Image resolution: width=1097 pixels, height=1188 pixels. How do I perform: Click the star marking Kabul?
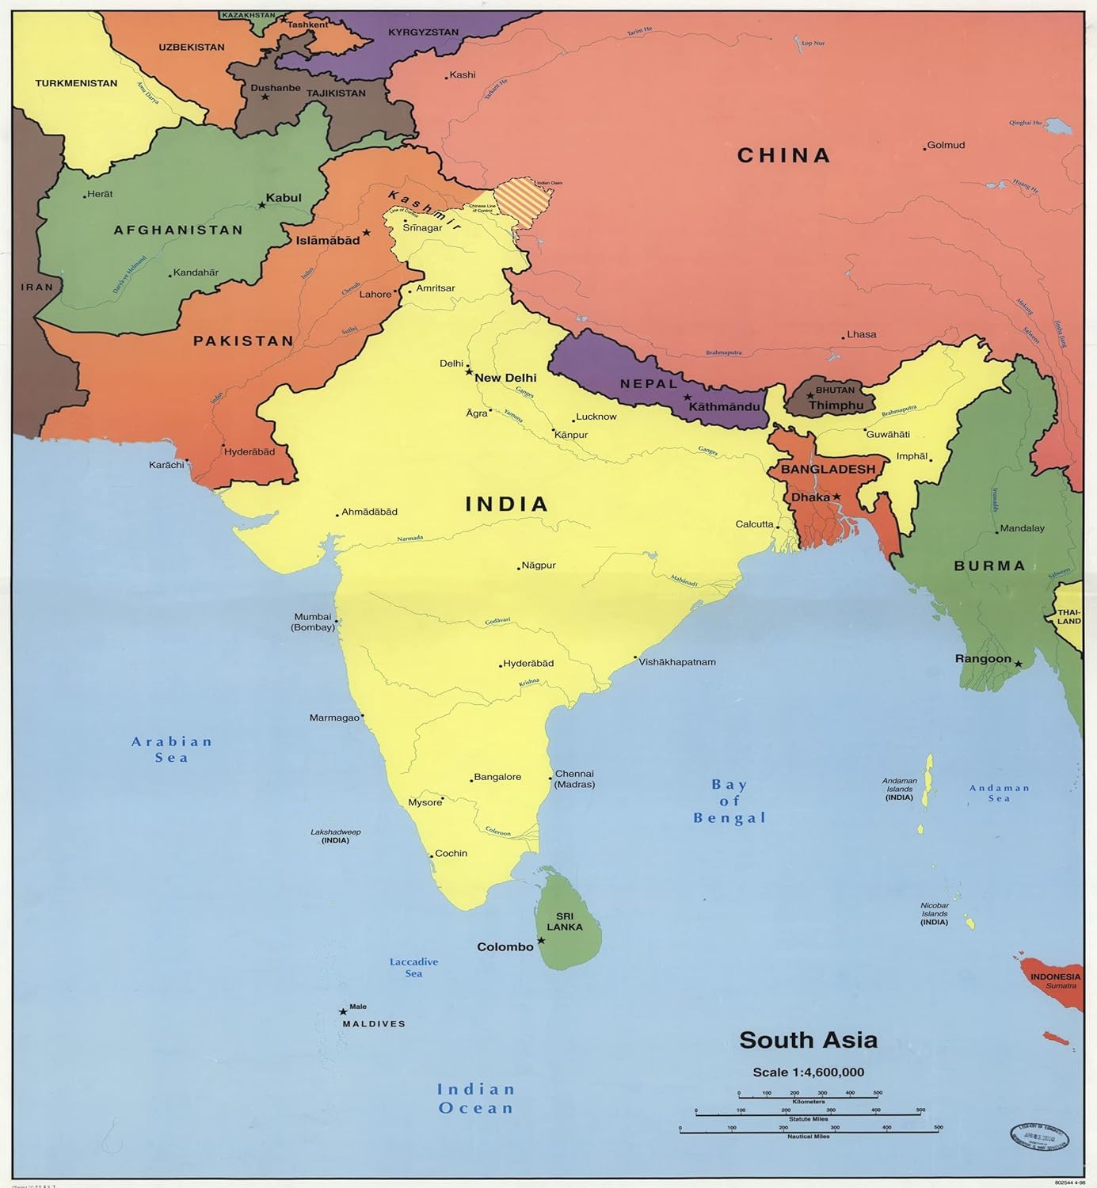pyautogui.click(x=261, y=205)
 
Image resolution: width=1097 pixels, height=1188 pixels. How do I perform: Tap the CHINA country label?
pyautogui.click(x=783, y=155)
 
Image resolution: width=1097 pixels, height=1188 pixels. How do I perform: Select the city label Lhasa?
pyautogui.click(x=861, y=334)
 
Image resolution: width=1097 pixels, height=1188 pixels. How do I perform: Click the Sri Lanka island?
pyautogui.click(x=567, y=923)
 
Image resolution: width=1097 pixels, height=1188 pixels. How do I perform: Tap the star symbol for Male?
pyautogui.click(x=343, y=1011)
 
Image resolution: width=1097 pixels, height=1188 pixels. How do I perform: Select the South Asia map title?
pyautogui.click(x=808, y=1040)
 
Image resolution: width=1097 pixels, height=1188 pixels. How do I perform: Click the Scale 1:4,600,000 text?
pyautogui.click(x=808, y=1072)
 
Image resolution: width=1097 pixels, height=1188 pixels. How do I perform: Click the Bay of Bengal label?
pyautogui.click(x=729, y=801)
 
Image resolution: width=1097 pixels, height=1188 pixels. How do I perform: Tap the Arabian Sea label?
pyautogui.click(x=172, y=749)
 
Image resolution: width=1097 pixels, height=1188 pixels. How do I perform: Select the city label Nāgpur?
pyautogui.click(x=539, y=565)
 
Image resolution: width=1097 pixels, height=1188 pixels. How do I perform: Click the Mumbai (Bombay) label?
pyautogui.click(x=313, y=622)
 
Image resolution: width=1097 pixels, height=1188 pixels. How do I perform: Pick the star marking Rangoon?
pyautogui.click(x=1019, y=664)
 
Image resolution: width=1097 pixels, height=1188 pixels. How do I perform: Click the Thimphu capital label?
pyautogui.click(x=836, y=406)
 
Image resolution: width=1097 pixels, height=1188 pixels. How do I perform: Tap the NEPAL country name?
pyautogui.click(x=649, y=384)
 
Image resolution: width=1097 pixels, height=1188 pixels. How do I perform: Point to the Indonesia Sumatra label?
pyautogui.click(x=1055, y=980)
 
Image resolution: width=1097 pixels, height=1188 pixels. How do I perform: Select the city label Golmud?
pyautogui.click(x=946, y=145)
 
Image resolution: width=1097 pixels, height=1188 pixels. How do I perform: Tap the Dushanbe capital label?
pyautogui.click(x=276, y=88)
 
